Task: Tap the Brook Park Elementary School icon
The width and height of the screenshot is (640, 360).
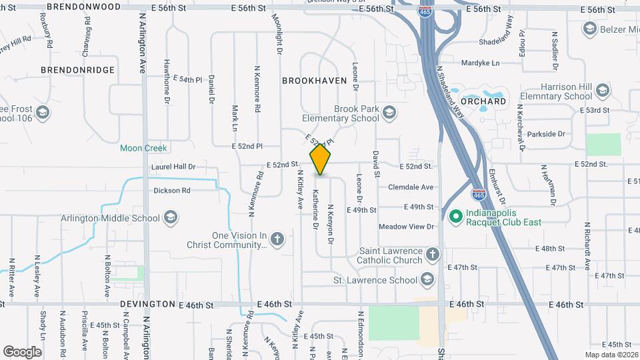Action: coord(389,112)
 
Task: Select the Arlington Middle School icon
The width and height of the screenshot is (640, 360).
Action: coord(170,217)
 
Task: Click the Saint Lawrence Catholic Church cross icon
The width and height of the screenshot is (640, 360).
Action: coord(433,255)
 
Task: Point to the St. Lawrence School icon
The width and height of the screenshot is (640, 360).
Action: coord(428,279)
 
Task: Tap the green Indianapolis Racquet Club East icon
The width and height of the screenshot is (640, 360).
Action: coord(456,216)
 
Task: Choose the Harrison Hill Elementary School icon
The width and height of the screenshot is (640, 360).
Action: coord(603,90)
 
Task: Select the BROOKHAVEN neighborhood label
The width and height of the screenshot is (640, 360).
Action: coord(315,81)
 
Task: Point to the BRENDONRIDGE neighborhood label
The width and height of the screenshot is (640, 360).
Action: coord(77,69)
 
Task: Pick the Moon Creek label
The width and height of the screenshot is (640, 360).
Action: coord(143,148)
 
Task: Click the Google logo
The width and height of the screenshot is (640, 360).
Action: coord(22,351)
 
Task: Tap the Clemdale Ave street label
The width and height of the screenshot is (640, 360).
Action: coord(416,187)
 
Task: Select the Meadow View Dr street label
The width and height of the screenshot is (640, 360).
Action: coord(406,227)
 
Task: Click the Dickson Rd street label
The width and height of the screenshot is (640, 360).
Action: coord(172,190)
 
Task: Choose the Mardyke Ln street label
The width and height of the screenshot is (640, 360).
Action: coord(480,63)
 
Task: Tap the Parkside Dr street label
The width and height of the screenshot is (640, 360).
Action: coord(546,134)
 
